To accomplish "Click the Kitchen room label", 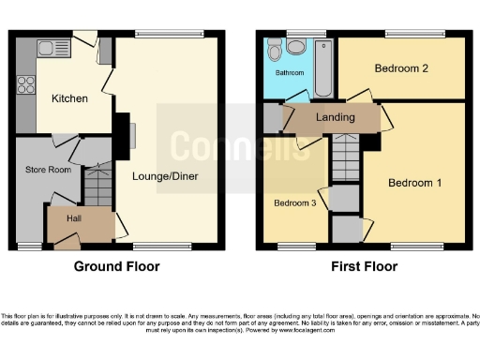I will [69, 97].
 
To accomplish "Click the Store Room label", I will [48, 170].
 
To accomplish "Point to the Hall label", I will [73, 217].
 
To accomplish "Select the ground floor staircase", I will [97, 186].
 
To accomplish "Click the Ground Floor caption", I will [117, 266].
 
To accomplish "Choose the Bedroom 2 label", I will [401, 68].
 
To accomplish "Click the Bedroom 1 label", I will [414, 183].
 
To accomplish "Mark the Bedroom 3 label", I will [293, 202].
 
